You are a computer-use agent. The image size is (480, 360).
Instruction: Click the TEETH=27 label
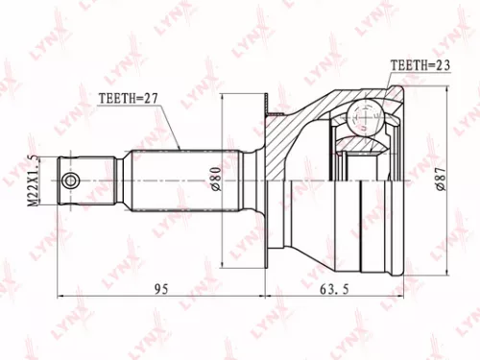tap(129, 98)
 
